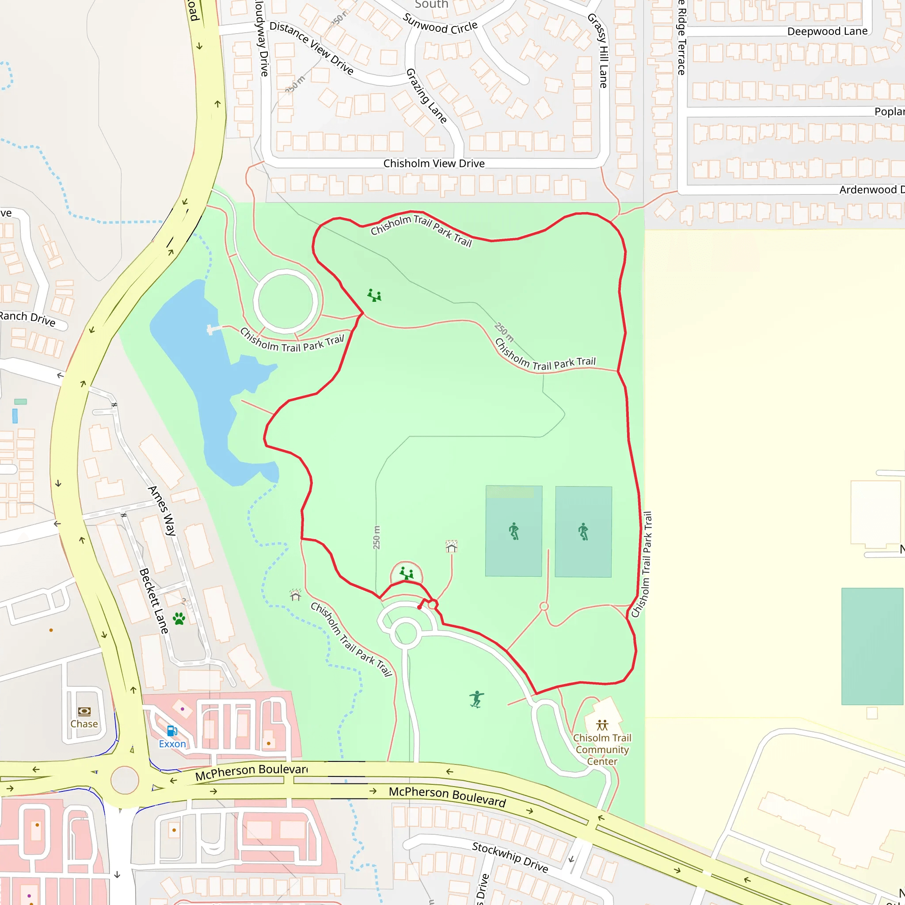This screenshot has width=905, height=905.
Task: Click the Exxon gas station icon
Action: (x=172, y=731)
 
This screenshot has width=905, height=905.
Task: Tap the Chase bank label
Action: (x=84, y=724)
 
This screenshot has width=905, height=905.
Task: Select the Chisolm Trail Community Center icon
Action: (x=602, y=726)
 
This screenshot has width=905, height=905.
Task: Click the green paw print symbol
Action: (x=179, y=619)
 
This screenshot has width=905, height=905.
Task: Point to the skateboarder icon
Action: (x=476, y=699)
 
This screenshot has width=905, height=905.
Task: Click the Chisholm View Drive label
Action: (x=434, y=164)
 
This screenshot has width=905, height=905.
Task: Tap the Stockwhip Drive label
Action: (x=510, y=857)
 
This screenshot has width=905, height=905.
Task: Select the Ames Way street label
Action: (x=162, y=510)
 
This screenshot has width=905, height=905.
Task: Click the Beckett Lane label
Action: (x=154, y=601)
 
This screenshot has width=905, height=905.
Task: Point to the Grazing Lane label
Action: (x=426, y=96)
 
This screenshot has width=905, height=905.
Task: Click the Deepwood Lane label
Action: (x=827, y=31)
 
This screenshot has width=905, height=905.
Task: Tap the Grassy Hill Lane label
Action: (x=598, y=50)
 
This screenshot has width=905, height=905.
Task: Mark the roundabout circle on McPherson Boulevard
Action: (x=125, y=780)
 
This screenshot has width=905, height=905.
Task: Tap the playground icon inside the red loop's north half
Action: (x=374, y=295)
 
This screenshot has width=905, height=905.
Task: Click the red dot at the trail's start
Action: (x=419, y=608)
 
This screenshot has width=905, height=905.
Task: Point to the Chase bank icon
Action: (x=84, y=711)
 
